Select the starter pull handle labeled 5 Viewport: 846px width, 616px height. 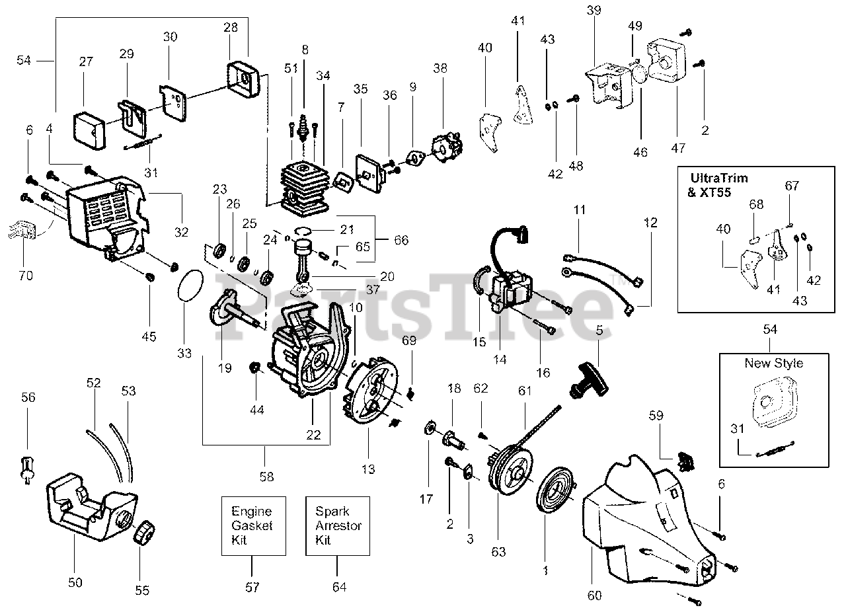589,379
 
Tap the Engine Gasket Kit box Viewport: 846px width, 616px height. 253,525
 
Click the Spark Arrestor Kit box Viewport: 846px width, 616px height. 337,525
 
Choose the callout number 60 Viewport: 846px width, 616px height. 594,596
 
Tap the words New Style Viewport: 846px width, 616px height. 774,363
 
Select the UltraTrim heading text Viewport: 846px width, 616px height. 719,178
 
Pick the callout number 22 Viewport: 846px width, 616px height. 313,435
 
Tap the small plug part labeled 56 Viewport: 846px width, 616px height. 28,470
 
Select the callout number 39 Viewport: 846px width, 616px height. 594,10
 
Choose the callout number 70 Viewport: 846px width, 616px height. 26,276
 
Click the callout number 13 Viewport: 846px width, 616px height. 368,469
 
